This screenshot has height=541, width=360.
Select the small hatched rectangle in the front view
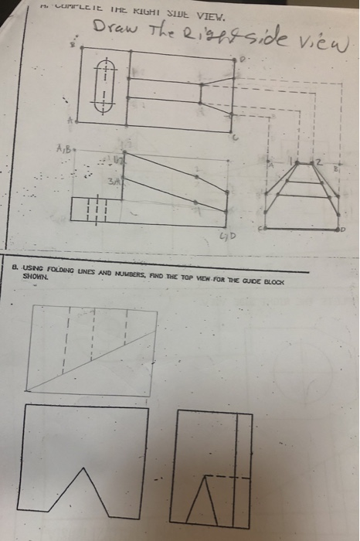(x=93, y=209)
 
